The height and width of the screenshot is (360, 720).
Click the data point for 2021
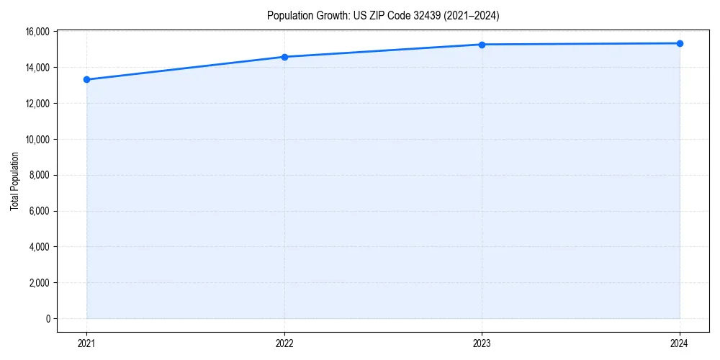86,79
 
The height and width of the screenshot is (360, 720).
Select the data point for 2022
284,57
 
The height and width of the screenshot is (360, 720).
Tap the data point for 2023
482,45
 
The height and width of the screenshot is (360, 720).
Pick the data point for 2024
680,43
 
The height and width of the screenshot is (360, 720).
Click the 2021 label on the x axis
86,343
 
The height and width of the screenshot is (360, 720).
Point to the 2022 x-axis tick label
284,343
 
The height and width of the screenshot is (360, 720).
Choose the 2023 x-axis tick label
482,343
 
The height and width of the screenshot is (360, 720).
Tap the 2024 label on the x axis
680,343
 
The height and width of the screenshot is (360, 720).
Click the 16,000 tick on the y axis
37,32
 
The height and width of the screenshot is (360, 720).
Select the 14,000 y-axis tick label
37,68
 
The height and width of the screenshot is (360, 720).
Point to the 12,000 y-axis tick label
37,104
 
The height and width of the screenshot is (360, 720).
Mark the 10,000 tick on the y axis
37,139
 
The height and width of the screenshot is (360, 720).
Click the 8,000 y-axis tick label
39,175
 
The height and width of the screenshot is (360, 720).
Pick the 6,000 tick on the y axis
39,211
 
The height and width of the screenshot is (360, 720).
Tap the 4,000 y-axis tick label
39,247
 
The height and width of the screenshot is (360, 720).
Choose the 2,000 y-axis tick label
39,283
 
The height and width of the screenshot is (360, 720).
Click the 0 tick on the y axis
48,319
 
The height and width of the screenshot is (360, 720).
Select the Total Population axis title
14,181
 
